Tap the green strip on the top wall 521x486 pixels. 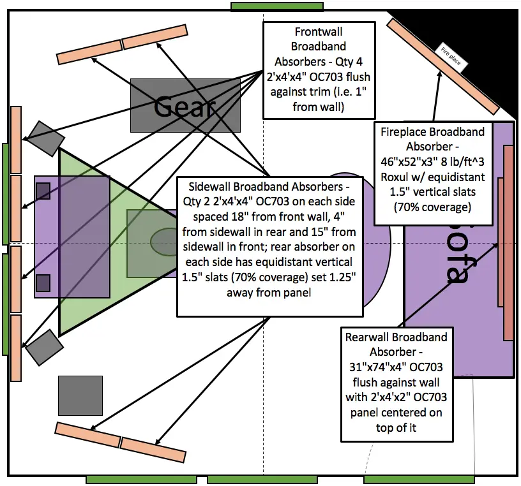pos(277,6)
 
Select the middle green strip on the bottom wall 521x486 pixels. pos(262,479)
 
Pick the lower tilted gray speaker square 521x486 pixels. pos(43,348)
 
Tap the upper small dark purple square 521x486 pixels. pos(43,191)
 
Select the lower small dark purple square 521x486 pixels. pos(43,282)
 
